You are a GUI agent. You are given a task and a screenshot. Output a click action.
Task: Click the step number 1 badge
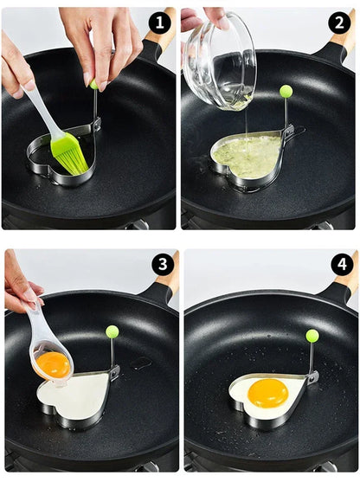point(159,22)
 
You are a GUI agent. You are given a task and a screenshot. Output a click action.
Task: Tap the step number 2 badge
point(338,22)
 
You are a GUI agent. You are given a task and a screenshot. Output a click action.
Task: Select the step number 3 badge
point(162,264)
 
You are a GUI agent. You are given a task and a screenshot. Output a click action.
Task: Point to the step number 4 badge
point(343,264)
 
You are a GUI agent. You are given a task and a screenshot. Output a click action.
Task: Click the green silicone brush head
point(68,151)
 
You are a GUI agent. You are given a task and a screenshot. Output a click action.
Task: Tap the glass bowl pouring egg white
point(220,65)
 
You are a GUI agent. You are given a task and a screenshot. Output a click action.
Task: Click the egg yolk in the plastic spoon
point(54,364)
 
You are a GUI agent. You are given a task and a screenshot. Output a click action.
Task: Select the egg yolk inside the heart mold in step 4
point(268,393)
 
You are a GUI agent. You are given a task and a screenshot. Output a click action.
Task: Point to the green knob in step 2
point(286,91)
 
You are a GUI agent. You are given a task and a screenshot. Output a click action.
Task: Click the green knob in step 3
point(112,331)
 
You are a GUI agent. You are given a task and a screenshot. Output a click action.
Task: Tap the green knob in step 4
point(312,335)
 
